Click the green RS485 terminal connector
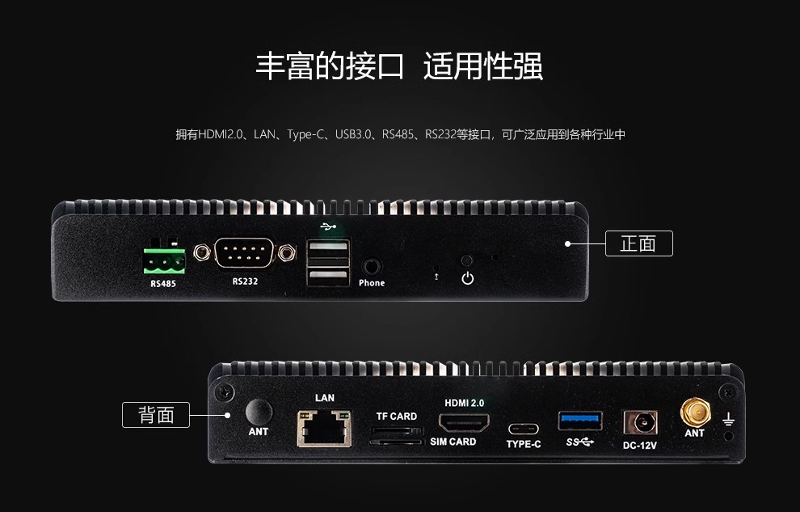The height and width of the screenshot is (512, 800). pos(164,260)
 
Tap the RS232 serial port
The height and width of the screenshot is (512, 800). pos(244,252)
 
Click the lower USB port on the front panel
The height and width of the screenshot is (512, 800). pos(329,277)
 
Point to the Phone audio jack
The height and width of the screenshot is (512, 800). pos(372,267)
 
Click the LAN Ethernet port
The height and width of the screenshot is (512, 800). pos(325,428)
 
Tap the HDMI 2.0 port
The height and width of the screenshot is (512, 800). pos(464,423)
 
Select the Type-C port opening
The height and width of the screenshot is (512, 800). pos(524,429)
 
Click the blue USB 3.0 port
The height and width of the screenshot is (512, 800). pos(580,421)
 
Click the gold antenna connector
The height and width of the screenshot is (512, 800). pos(695,413)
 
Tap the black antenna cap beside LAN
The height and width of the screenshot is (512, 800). pos(259,412)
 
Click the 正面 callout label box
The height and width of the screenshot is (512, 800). pos(638,243)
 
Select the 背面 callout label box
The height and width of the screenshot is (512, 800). pos(156,414)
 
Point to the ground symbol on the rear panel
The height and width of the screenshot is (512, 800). pos(729,420)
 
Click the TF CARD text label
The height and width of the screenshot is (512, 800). pos(397,417)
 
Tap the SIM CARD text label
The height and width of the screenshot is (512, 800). pos(453,442)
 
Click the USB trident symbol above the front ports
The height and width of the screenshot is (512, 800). pos(329,226)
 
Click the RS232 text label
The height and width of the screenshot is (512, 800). pos(245,281)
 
